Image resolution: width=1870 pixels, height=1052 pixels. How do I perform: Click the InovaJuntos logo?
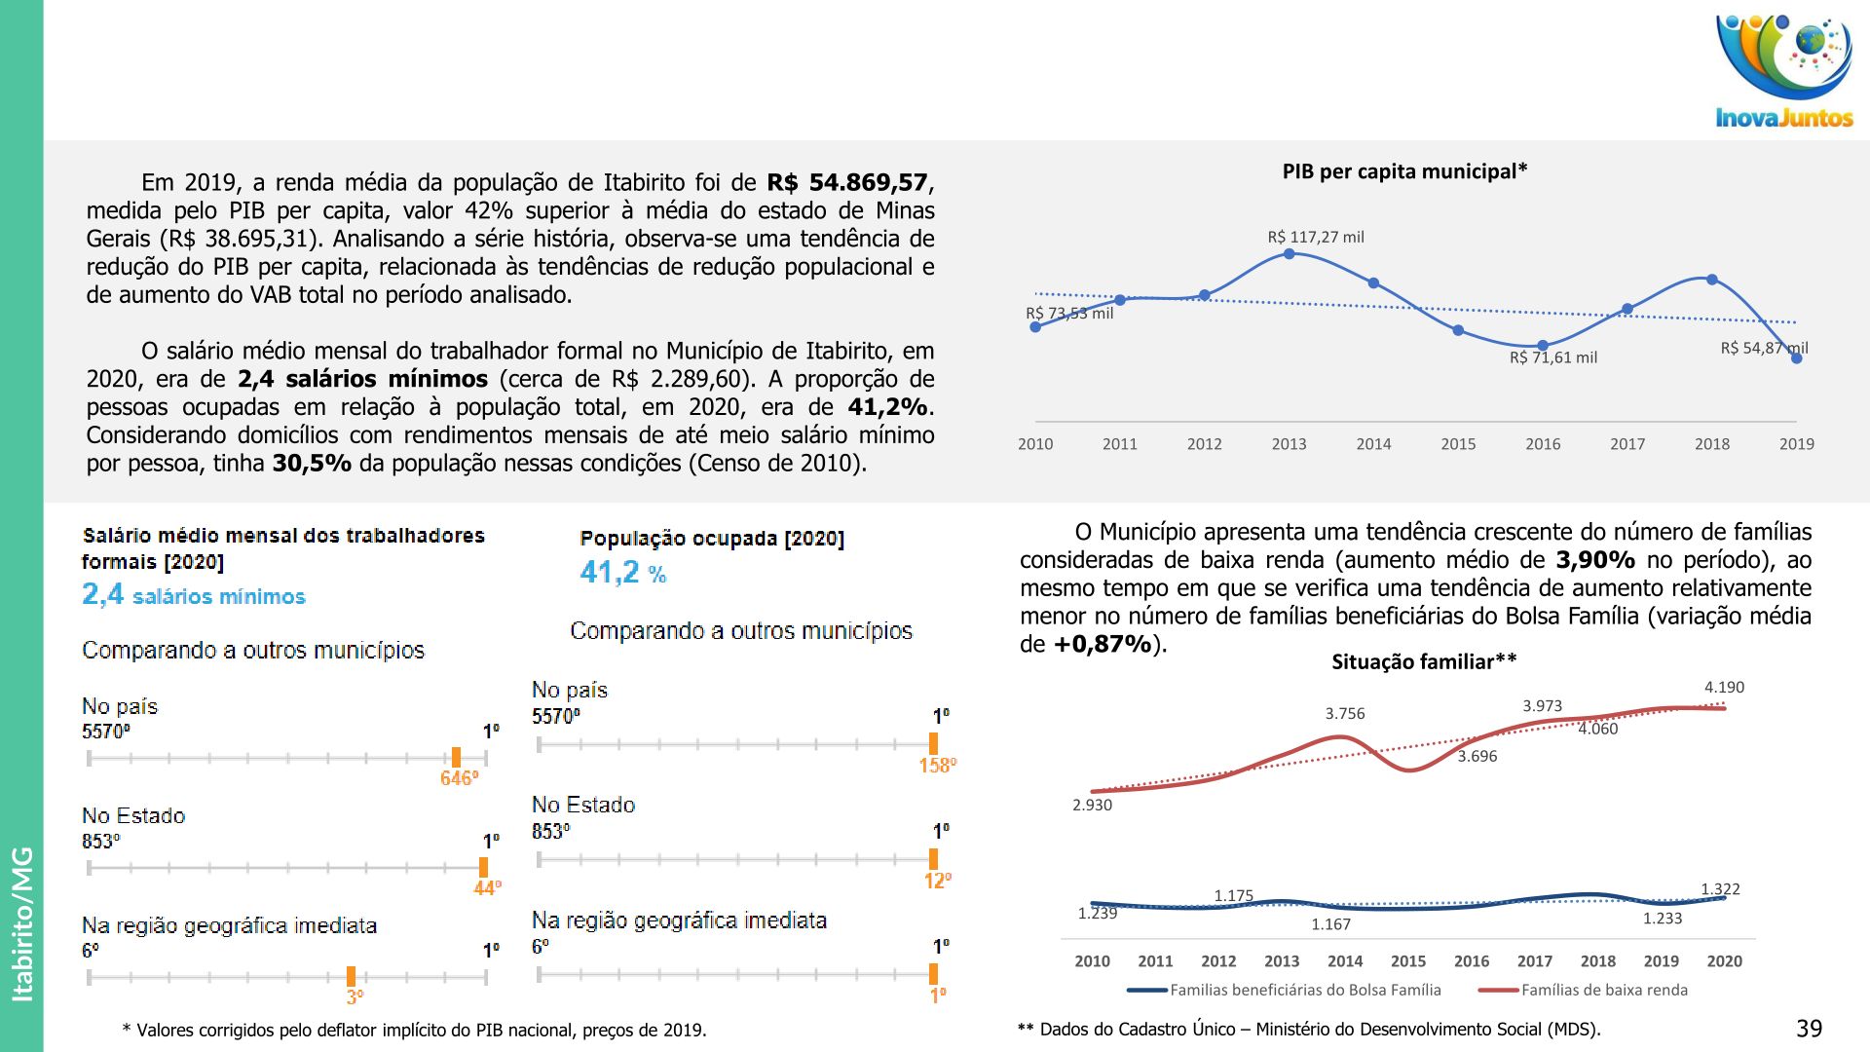[x=1783, y=71]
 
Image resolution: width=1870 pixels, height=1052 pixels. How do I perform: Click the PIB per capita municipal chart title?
[x=1403, y=171]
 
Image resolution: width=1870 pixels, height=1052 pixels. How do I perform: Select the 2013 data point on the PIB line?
[x=1289, y=253]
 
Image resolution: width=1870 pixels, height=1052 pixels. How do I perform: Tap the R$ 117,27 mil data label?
[x=1315, y=237]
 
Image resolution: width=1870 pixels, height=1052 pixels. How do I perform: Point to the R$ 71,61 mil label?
[x=1552, y=357]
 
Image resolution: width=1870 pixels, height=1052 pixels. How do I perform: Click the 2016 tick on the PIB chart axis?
[x=1542, y=444]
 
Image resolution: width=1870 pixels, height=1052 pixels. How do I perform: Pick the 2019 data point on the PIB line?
[x=1796, y=358]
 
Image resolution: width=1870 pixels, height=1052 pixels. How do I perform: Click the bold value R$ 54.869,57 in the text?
[x=846, y=182]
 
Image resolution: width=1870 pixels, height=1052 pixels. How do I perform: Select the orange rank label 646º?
[x=459, y=778]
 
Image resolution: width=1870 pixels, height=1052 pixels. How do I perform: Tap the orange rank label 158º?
[x=937, y=766]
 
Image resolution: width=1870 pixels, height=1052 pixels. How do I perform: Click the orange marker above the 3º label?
[x=351, y=976]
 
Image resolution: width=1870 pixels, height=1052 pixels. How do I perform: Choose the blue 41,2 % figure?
[x=622, y=573]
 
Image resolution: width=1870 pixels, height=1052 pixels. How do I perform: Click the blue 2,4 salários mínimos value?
[x=193, y=595]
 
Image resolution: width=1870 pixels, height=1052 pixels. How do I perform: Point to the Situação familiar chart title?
[x=1423, y=662]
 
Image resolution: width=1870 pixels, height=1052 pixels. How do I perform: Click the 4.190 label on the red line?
[x=1723, y=688]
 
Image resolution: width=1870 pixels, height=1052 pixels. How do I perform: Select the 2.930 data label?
[x=1092, y=805]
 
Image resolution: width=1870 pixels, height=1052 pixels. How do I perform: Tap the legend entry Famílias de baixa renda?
[x=1603, y=990]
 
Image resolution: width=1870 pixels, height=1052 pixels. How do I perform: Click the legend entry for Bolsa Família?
[x=1304, y=990]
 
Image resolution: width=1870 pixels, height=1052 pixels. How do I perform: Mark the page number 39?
[x=1809, y=1029]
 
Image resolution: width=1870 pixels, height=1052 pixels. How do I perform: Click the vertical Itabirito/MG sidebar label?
[x=21, y=923]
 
